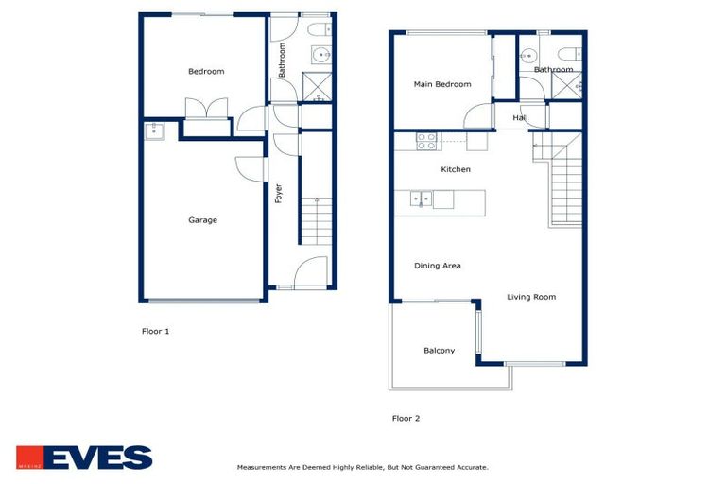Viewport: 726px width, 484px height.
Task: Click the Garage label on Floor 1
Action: click(202, 220)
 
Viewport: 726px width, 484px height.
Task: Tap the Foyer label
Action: click(279, 193)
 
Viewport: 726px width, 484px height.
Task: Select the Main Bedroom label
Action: click(441, 85)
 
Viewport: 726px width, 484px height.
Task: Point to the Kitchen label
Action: click(456, 170)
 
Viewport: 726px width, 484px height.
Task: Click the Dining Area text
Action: click(437, 266)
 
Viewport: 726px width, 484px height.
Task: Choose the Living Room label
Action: click(530, 297)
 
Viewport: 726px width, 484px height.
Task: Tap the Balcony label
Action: click(439, 351)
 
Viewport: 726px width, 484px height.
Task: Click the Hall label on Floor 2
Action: click(520, 118)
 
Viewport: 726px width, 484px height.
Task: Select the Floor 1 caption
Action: click(155, 332)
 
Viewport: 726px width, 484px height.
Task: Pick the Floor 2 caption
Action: click(406, 418)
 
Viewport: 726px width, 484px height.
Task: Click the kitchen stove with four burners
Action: click(426, 141)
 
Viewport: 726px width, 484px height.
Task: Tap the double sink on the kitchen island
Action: click(422, 199)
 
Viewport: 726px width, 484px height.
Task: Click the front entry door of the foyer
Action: click(310, 274)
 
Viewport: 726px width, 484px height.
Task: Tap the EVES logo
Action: click(84, 458)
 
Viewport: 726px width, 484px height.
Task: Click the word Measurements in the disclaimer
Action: click(258, 467)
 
